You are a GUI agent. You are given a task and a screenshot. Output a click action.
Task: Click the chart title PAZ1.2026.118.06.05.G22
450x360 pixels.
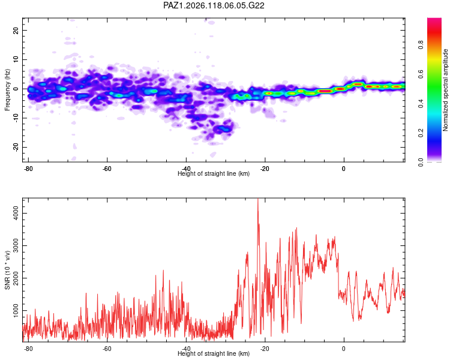coord(214,5)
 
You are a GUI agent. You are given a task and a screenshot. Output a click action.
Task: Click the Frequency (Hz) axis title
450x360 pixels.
coord(7,89)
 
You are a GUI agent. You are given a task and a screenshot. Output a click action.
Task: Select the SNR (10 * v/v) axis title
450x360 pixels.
coord(7,270)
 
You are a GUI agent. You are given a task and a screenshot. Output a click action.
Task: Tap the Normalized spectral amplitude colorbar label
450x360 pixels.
coord(445,90)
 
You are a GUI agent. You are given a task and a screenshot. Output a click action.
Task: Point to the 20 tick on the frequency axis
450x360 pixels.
coord(16,30)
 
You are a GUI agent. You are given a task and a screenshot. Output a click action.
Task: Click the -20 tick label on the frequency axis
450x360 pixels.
coord(16,147)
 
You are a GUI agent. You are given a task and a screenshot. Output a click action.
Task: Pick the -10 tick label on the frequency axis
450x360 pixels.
coord(16,118)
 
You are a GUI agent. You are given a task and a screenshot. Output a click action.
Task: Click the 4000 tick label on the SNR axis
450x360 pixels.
coord(16,214)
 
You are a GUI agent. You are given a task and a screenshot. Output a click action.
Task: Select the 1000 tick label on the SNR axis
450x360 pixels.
coord(16,311)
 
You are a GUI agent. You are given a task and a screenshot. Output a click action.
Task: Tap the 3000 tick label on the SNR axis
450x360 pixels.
coord(16,246)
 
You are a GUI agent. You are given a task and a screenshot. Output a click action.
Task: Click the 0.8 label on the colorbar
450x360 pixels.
coord(421,44)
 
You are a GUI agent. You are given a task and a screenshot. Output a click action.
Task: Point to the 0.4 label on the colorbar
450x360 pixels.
coord(421,104)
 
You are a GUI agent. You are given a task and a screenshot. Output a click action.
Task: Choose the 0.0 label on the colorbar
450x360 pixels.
coord(421,162)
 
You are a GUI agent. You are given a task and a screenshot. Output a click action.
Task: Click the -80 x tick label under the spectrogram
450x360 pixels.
coord(28,169)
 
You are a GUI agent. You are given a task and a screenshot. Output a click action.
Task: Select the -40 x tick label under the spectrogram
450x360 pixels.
coord(185,169)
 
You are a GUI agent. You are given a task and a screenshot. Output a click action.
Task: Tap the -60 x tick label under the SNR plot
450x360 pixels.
coord(107,349)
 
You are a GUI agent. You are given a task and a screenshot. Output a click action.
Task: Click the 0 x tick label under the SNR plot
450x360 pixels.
coord(344,349)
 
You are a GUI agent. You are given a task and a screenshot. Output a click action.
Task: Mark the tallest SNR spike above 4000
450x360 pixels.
coord(258,199)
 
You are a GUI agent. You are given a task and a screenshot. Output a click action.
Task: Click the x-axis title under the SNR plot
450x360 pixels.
coord(214,353)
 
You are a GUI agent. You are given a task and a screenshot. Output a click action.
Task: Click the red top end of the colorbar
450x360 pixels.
coord(434,20)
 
